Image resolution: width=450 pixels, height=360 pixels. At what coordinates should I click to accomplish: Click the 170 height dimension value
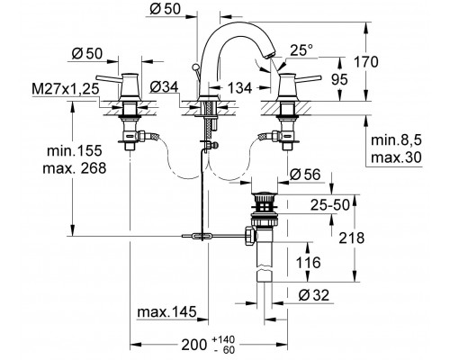(366, 62)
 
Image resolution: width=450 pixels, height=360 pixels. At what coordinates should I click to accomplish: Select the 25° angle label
(301, 50)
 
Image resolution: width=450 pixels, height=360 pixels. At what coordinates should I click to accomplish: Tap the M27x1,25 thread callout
(66, 89)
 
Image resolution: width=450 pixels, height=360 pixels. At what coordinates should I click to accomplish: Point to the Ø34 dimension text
(164, 87)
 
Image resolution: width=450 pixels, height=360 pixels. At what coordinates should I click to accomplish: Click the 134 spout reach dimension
(239, 88)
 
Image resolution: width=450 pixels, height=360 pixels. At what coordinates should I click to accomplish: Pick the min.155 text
(75, 150)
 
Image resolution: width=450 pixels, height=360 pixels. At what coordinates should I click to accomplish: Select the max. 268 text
(75, 168)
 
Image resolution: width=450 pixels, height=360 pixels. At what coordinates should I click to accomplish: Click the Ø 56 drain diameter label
(305, 175)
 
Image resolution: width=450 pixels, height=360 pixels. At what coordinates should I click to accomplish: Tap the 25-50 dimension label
(330, 205)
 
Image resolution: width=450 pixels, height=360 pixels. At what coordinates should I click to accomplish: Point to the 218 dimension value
(352, 238)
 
